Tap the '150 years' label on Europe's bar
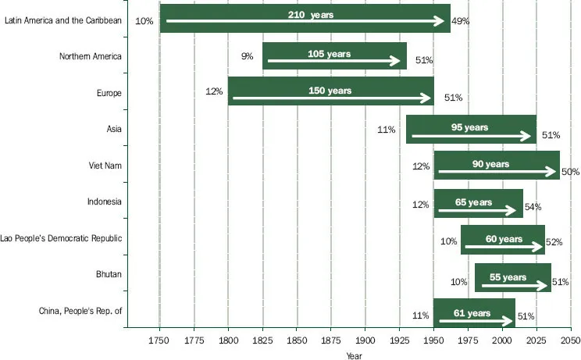[x=330, y=91]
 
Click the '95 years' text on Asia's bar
[x=469, y=127]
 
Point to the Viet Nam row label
[x=105, y=166]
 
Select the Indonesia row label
[x=105, y=201]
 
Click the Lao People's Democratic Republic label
[x=62, y=238]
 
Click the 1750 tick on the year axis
[x=159, y=341]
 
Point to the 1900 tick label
[x=365, y=341]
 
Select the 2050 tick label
[x=570, y=341]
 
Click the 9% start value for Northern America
[x=247, y=56]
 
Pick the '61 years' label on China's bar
[x=472, y=313]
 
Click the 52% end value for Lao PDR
[x=554, y=242]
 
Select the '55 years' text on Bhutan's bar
[x=508, y=277]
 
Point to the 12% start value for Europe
[x=214, y=91]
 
